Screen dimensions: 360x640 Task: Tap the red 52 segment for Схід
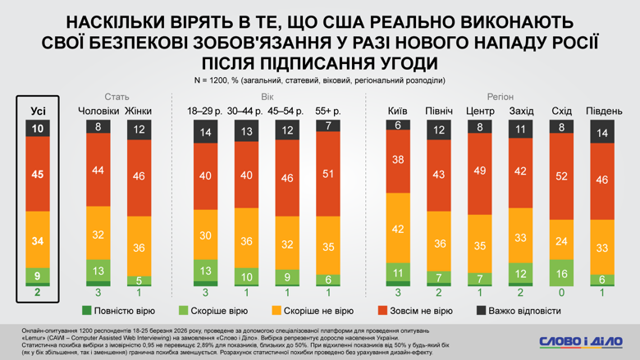click(x=562, y=176)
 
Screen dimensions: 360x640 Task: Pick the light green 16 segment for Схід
click(x=562, y=272)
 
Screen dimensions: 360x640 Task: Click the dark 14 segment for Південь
click(x=603, y=133)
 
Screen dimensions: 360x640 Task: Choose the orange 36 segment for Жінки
click(x=138, y=248)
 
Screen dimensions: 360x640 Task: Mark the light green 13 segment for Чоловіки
click(x=98, y=271)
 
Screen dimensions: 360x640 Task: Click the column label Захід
click(x=521, y=111)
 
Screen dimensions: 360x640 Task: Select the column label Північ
click(x=438, y=111)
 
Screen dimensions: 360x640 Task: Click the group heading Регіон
click(x=501, y=97)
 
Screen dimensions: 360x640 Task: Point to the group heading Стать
click(x=117, y=97)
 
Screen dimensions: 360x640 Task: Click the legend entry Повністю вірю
click(x=119, y=311)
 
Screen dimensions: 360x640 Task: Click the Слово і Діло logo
click(x=580, y=340)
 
